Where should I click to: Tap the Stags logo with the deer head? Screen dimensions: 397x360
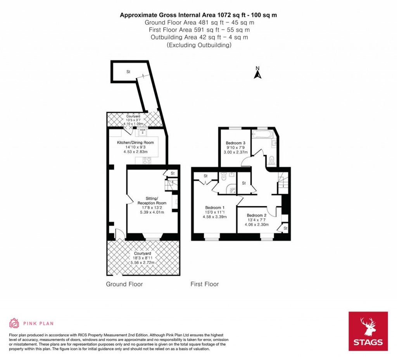tap(368, 331)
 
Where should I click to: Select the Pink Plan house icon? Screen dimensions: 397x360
tap(14, 323)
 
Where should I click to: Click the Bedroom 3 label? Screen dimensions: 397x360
tap(235, 143)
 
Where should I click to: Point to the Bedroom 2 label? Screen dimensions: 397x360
tap(257, 215)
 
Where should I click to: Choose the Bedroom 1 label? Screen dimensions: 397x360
tap(215, 208)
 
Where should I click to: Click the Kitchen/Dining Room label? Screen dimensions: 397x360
tap(135, 143)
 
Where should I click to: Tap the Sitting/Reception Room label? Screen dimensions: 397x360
tap(152, 201)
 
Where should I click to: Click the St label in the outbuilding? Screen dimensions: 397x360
tap(128, 72)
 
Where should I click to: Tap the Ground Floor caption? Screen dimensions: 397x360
tap(124, 284)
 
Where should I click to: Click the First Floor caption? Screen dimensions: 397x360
tap(205, 284)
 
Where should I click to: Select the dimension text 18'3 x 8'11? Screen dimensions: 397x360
tap(143, 258)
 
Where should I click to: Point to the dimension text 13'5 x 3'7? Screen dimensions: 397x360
tap(133, 120)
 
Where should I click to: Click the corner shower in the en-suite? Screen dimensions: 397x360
tap(231, 189)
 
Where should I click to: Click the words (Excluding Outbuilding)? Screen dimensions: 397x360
tap(199, 45)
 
